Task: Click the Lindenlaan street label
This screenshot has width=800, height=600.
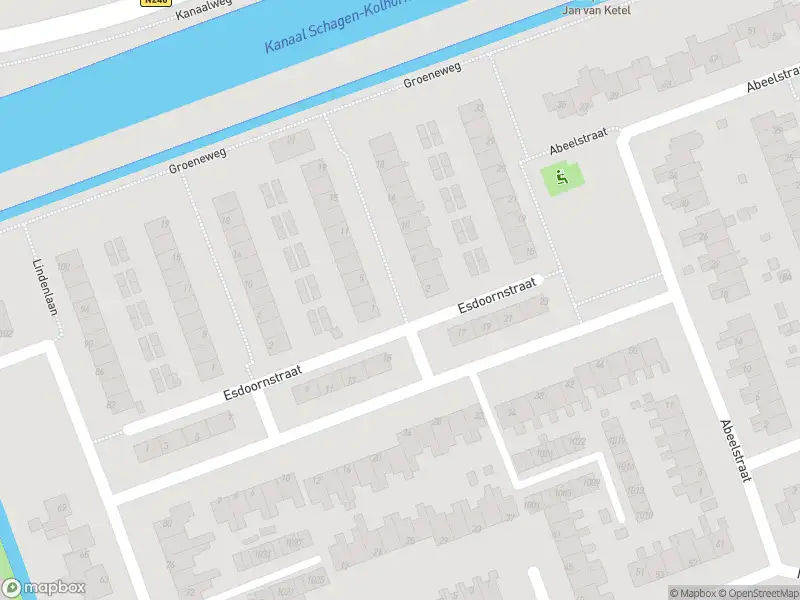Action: click(x=46, y=288)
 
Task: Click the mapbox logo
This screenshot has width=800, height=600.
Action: click(x=44, y=588)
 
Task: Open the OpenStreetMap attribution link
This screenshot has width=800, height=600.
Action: click(x=761, y=593)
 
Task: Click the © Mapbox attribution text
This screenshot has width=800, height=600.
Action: click(x=693, y=593)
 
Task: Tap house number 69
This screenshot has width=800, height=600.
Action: click(x=62, y=510)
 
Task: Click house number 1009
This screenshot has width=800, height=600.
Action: click(x=592, y=483)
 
